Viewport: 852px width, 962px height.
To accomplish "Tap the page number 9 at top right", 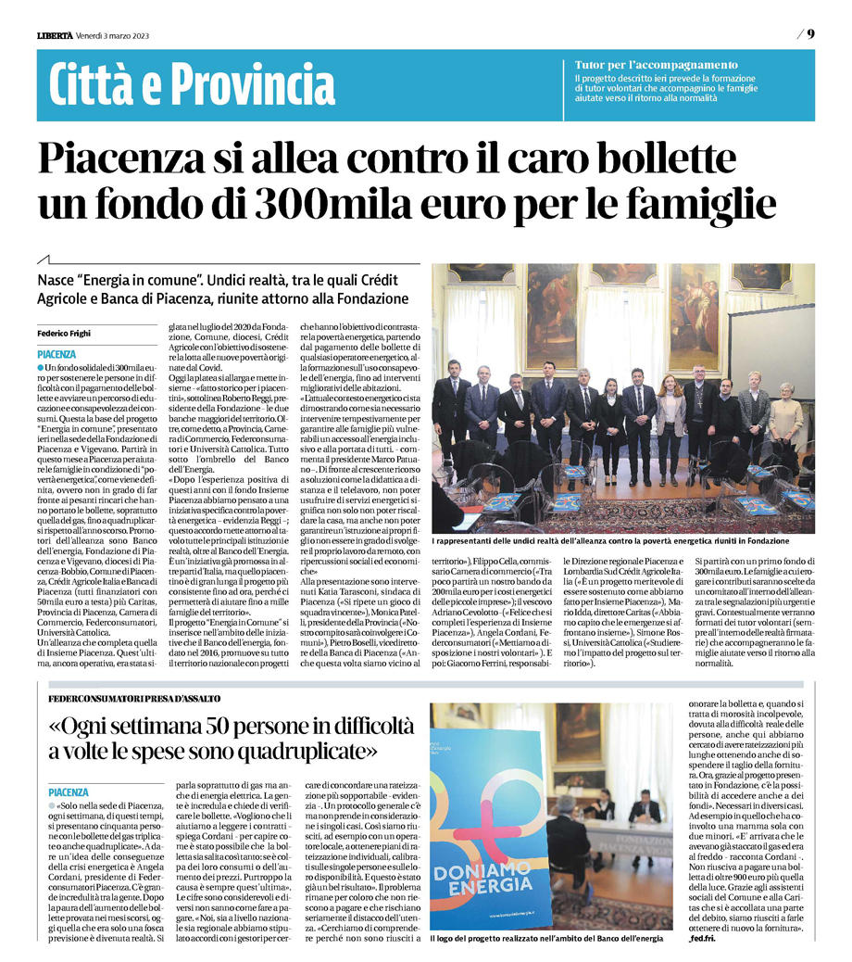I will pos(809,34).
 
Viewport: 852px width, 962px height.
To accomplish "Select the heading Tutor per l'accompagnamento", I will pos(656,65).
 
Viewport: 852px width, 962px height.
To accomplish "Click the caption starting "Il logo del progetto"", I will pos(546,939).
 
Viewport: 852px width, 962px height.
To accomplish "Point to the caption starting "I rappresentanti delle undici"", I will pos(609,539).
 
